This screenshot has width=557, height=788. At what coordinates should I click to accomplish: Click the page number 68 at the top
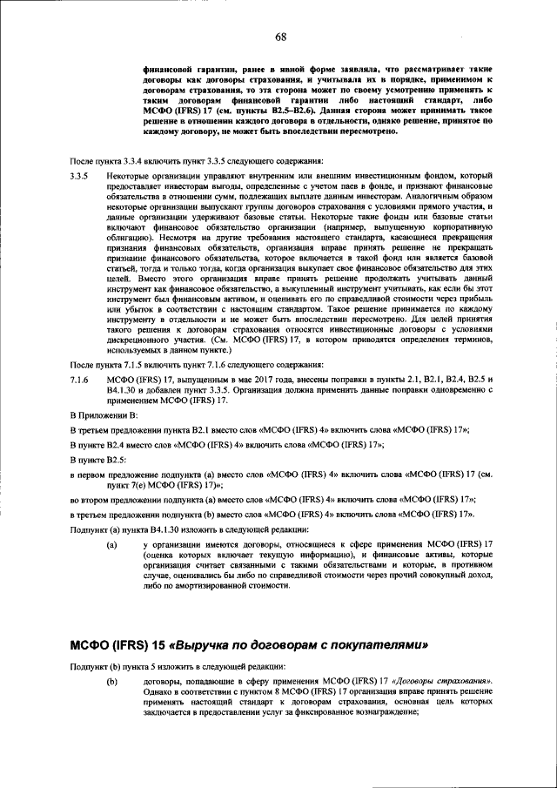tap(281, 37)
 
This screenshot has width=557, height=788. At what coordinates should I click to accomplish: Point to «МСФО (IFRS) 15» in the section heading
tap(120, 645)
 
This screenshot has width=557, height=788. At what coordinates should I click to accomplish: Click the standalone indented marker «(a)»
tap(111, 544)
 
